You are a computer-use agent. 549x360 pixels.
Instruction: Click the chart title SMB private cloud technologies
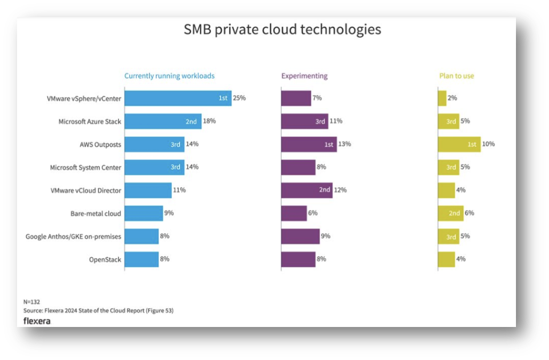(282, 29)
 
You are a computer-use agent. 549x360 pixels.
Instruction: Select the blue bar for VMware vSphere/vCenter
(178, 98)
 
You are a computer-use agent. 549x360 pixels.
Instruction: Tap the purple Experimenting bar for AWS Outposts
(309, 144)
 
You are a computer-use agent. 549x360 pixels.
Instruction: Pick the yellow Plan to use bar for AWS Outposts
(459, 144)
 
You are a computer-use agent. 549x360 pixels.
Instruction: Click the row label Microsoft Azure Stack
(90, 121)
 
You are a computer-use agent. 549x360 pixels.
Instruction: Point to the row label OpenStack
(105, 260)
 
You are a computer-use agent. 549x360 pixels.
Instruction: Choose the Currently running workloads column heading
(169, 76)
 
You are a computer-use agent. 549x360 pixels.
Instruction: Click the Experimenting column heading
(304, 76)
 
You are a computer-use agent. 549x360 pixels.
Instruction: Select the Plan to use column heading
(456, 76)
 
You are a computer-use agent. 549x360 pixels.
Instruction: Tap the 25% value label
(239, 98)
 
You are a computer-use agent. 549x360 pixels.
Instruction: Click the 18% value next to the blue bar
(209, 121)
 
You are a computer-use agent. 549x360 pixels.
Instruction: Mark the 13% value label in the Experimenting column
(345, 144)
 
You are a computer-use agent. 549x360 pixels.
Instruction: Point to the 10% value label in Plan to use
(488, 144)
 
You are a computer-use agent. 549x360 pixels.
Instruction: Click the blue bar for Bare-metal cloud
(144, 214)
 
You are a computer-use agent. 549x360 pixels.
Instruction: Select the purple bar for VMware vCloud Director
(306, 190)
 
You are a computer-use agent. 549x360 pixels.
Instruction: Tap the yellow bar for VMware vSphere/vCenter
(442, 98)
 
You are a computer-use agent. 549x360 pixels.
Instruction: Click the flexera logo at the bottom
(37, 321)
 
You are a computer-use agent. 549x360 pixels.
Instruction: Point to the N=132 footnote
(33, 301)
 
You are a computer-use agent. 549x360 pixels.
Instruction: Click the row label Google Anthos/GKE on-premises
(74, 236)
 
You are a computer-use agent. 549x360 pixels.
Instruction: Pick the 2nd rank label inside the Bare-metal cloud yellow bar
(455, 214)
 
